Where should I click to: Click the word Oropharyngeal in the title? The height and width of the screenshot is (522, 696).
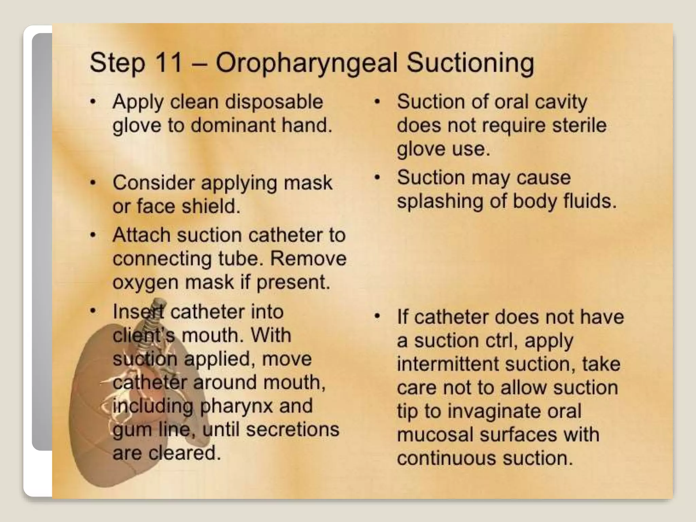(x=306, y=64)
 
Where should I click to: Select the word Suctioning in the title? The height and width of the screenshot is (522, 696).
(x=470, y=64)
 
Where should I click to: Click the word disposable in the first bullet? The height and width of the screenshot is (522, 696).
(x=274, y=102)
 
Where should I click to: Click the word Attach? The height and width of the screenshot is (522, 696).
(x=141, y=235)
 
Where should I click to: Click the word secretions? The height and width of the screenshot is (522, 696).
(x=293, y=429)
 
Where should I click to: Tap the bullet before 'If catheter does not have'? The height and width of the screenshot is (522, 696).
(x=377, y=317)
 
